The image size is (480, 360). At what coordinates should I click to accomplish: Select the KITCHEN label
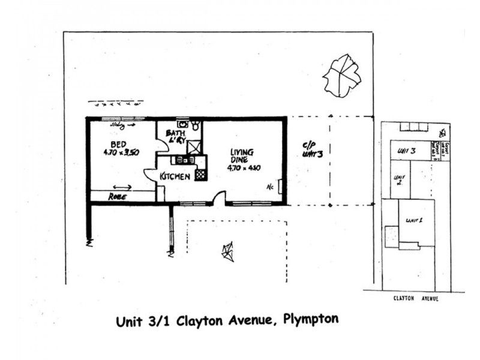tap(175, 176)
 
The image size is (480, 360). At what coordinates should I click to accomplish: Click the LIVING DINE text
tap(241, 156)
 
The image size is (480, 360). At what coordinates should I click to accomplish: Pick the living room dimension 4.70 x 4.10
tap(244, 169)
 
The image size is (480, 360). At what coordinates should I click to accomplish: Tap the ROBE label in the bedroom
tap(117, 196)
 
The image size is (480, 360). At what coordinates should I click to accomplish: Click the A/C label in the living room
tap(270, 186)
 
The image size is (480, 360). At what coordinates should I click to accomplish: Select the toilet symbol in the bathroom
tap(196, 125)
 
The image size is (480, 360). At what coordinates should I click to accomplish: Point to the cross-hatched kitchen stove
tap(200, 175)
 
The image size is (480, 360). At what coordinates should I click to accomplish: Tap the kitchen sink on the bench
tap(182, 160)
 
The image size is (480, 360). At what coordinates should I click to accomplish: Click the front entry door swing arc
tap(220, 196)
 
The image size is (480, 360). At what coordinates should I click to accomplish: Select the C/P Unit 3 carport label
tap(312, 148)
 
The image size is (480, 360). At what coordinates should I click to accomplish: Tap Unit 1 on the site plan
tap(415, 220)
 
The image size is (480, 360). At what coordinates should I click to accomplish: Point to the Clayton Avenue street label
tap(414, 298)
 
